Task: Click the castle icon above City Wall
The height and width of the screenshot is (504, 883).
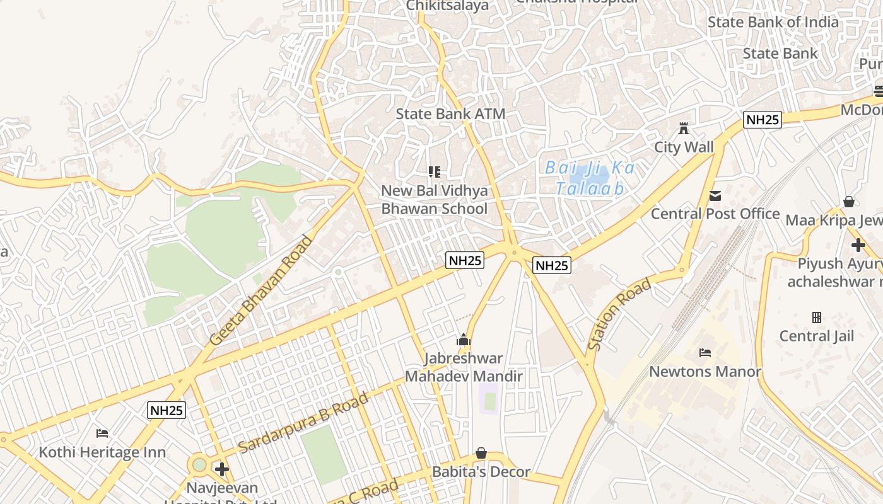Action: (683, 129)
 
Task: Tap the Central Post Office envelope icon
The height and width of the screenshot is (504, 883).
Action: (715, 196)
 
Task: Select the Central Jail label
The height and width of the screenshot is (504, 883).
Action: (816, 336)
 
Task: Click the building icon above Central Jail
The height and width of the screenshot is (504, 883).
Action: (817, 317)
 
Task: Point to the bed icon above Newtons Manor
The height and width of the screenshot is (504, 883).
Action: (705, 352)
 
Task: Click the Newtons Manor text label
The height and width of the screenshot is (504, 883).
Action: (705, 372)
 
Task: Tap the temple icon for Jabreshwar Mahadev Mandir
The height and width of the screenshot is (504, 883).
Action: (464, 340)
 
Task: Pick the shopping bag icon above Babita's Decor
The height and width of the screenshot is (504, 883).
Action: (481, 453)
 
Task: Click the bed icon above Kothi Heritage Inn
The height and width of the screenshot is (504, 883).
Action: (102, 433)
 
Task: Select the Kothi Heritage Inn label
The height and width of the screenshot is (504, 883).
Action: (102, 452)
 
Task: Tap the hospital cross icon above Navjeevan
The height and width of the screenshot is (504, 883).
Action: (221, 469)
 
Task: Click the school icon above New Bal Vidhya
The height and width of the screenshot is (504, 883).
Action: (434, 171)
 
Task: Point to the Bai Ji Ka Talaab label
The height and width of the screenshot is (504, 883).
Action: (590, 178)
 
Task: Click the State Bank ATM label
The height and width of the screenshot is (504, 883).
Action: (450, 114)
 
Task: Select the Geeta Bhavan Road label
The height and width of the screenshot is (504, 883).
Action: (261, 290)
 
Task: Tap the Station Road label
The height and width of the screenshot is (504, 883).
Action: (619, 315)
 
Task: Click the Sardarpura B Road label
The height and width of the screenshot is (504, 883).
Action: (303, 423)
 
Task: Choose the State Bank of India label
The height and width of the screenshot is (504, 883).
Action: (773, 22)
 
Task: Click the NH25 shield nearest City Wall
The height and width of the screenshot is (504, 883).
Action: (763, 120)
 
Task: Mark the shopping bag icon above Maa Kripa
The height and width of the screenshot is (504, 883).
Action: (849, 202)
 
